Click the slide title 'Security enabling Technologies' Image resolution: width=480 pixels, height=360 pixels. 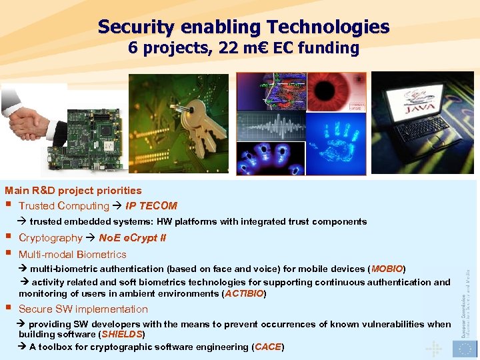tap(243, 27)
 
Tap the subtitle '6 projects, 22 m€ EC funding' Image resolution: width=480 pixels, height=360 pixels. tap(243, 48)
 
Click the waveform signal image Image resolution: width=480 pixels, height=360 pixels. tap(271, 125)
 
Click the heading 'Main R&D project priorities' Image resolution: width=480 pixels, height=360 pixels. tap(73, 191)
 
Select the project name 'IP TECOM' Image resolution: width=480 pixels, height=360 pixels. tap(151, 206)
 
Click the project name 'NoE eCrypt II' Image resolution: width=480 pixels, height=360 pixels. tap(132, 238)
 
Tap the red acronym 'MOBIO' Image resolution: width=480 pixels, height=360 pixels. tap(387, 269)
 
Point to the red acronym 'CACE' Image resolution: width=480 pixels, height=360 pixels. tap(267, 347)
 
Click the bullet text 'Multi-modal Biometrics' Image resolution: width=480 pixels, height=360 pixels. tap(72, 254)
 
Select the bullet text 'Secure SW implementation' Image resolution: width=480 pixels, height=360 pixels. tap(83, 309)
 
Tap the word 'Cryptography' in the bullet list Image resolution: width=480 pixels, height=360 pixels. tap(50, 238)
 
